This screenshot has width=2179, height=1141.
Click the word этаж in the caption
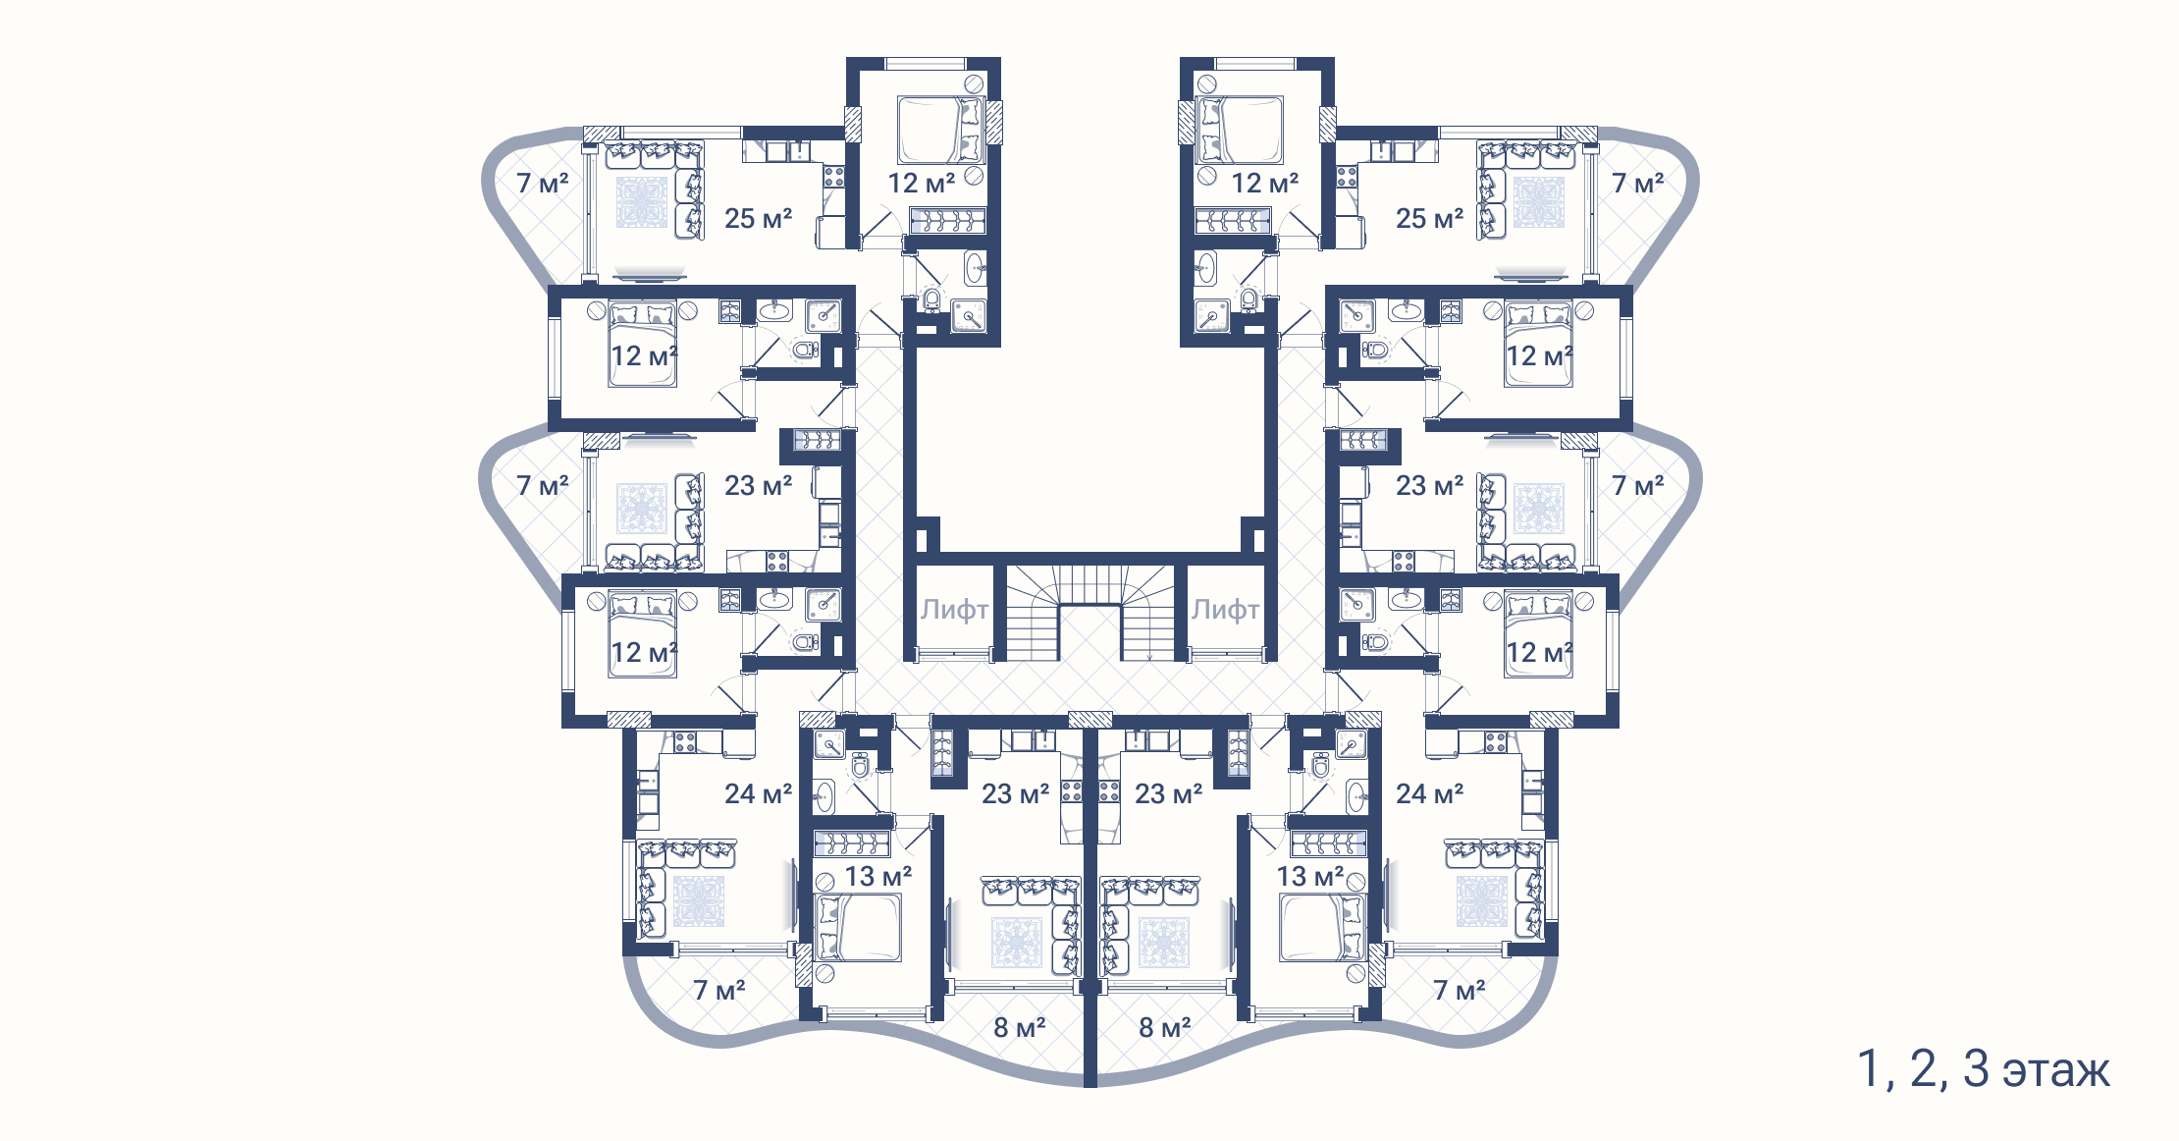[2056, 1070]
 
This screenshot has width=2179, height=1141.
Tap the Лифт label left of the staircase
[954, 610]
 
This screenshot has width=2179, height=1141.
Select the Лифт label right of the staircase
[1225, 610]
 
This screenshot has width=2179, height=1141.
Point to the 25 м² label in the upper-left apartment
[758, 218]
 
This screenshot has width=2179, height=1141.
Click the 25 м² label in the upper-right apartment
[1429, 218]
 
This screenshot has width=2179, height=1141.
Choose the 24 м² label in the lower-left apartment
[758, 793]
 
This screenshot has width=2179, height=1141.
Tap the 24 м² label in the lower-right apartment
[1429, 793]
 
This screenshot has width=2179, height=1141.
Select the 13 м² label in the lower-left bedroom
[878, 876]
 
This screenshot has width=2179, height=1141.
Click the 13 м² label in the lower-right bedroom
[1310, 876]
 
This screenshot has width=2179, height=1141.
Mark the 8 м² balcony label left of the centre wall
[1019, 1027]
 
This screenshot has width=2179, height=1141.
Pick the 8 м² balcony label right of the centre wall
[1164, 1027]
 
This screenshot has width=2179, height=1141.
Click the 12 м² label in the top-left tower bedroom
[921, 183]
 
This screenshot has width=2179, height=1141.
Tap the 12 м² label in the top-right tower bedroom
[1265, 183]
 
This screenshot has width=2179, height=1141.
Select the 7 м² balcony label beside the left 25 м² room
[543, 183]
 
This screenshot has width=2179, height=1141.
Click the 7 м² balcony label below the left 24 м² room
[719, 990]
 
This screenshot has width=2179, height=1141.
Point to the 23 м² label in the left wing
[758, 485]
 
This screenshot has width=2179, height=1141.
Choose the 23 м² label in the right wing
[1429, 485]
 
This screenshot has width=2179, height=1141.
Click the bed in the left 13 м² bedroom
[858, 928]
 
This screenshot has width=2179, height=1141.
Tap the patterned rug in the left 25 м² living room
[642, 201]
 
